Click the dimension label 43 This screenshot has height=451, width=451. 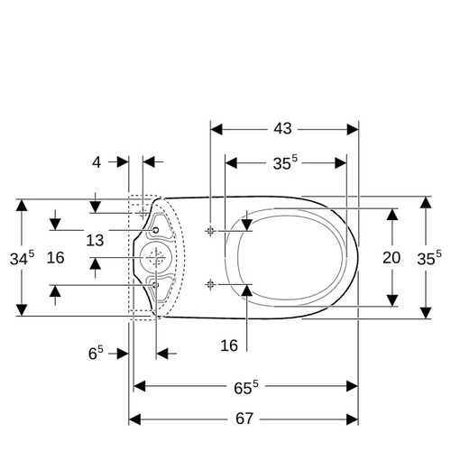pos(282,129)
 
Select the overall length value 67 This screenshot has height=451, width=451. pos(244,419)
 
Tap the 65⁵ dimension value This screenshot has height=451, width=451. pos(246,387)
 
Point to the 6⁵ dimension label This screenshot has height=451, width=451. pos(96,353)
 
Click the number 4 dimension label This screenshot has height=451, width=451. pos(97,162)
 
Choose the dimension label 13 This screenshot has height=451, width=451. pos(95,240)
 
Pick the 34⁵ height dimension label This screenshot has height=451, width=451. pos(22,258)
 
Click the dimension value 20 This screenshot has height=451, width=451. pos(391,258)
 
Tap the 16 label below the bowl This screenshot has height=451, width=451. pos(229,345)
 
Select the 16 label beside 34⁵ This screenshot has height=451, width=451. pos(55,258)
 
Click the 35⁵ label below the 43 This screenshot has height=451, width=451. pos(285,162)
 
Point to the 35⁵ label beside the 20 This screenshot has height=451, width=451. pos(429,258)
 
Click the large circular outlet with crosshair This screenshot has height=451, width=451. pos(156,258)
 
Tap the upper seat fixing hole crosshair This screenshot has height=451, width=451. pos(210,231)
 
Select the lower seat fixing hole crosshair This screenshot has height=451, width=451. pos(210,284)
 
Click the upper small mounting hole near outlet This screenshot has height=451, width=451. pos(155,230)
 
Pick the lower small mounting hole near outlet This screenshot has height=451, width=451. pos(155,285)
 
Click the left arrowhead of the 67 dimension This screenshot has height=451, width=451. pos(134,419)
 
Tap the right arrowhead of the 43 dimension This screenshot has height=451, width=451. pos(353,130)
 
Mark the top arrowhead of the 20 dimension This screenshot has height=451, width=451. pos(392,215)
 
